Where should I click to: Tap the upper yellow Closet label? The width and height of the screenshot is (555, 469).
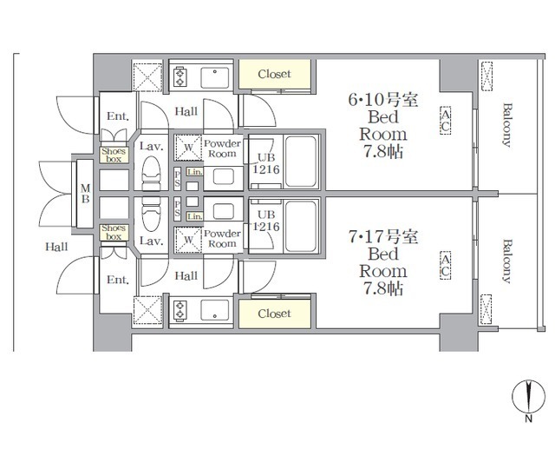pyautogui.click(x=274, y=75)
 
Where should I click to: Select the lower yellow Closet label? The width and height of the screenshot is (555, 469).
pyautogui.click(x=274, y=313)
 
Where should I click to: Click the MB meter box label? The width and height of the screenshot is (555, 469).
pyautogui.click(x=85, y=194)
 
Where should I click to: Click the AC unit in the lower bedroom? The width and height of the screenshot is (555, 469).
pyautogui.click(x=446, y=266)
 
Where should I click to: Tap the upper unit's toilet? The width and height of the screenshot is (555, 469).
pyautogui.click(x=152, y=168)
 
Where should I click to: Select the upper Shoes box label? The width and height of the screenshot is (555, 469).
pyautogui.click(x=114, y=155)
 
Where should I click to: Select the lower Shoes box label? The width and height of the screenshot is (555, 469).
pyautogui.click(x=114, y=232)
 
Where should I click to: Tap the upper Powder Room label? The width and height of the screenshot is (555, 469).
pyautogui.click(x=223, y=148)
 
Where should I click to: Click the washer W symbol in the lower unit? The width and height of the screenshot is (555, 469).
pyautogui.click(x=188, y=238)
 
